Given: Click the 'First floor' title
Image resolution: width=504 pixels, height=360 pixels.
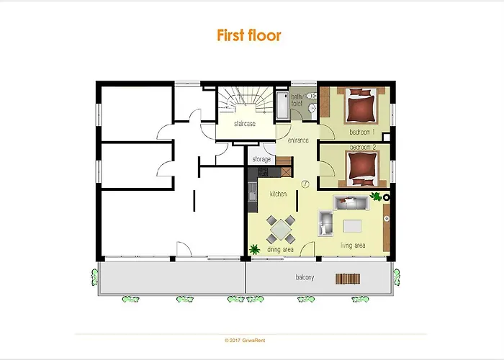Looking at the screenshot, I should click(249, 35).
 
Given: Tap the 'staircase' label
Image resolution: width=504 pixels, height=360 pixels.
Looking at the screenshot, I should click(245, 124).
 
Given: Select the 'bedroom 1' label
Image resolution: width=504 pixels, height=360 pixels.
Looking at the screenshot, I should click(363, 132).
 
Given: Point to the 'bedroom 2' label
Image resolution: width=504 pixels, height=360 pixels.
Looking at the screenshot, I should click(363, 148).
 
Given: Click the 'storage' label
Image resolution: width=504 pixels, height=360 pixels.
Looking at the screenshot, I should click(261, 159).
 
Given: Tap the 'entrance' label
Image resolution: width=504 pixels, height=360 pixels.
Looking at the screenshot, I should click(299, 140).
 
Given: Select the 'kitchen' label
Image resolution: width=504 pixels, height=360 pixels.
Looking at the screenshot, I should click(279, 194).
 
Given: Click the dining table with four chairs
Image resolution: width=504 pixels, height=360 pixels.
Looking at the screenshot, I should click(280, 229).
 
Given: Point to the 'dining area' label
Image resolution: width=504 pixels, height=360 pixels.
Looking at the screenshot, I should click(281, 249).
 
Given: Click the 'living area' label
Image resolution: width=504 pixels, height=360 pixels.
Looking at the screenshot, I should click(353, 246).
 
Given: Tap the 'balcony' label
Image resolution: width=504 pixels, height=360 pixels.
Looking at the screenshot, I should click(305, 277).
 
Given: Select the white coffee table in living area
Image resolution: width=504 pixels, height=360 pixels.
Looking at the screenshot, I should click(353, 225).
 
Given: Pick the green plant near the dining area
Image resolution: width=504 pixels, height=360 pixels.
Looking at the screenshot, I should click(254, 249).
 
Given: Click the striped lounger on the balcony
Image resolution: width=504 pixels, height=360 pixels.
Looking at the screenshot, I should click(348, 279).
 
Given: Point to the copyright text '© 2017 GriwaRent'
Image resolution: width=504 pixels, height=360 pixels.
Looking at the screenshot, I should click(249, 339).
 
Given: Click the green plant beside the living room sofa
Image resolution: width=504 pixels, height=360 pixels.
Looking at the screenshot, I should click(374, 195).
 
